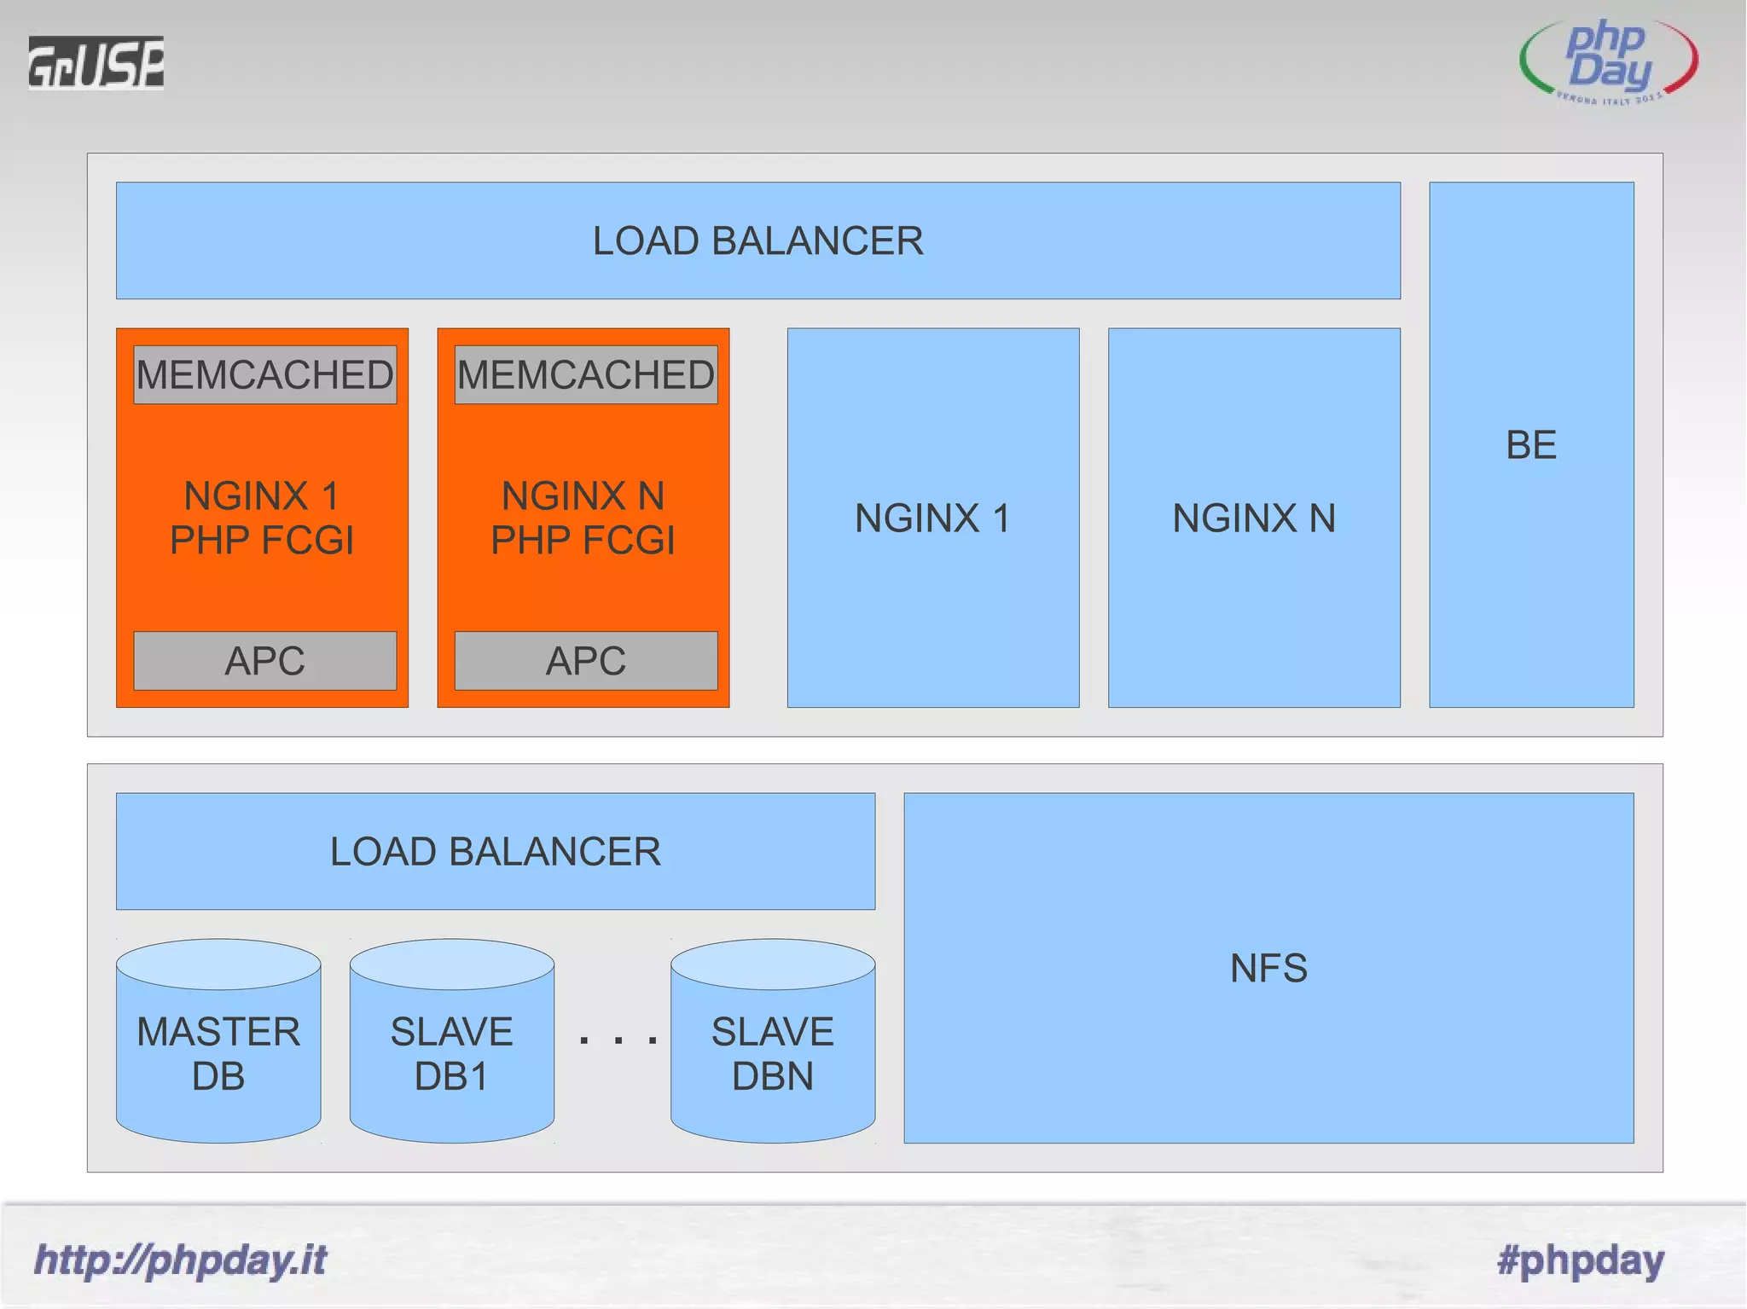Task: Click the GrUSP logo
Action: pos(96,62)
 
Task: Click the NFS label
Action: pos(1268,968)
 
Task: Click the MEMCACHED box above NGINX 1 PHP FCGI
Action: pos(265,374)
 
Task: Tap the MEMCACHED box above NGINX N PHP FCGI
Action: pos(586,374)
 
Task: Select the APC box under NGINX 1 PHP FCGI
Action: pos(265,661)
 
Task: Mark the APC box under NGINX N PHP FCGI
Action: pos(586,661)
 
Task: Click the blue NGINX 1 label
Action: pos(932,518)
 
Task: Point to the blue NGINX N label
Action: pos(1254,518)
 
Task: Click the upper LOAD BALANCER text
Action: pos(757,240)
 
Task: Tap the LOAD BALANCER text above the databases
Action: pos(495,851)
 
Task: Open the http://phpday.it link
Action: pos(180,1260)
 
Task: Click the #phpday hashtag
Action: pos(1580,1260)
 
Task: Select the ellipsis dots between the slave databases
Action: pos(618,1040)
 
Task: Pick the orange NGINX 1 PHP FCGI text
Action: pos(262,518)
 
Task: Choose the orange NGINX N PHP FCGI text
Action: pos(583,518)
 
